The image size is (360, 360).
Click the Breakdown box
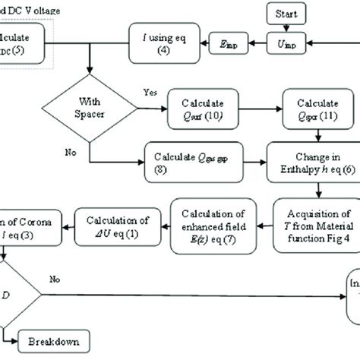point(57,339)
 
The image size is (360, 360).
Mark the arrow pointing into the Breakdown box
point(17,339)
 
